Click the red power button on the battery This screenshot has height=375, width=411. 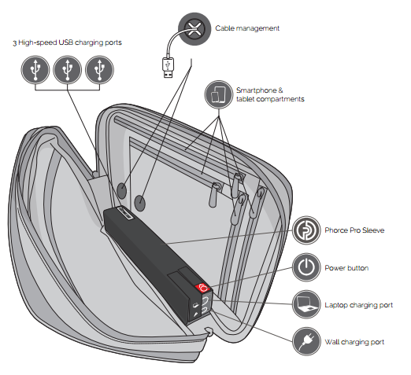(203, 288)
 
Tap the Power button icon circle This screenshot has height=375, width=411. (306, 267)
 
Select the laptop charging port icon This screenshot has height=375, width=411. (306, 304)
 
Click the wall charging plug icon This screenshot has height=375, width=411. (306, 341)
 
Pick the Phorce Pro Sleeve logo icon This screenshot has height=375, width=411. (306, 230)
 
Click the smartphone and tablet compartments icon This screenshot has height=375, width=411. (219, 94)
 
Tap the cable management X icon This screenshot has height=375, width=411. (194, 29)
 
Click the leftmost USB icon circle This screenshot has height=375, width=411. (35, 70)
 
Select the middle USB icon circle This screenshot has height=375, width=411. (68, 70)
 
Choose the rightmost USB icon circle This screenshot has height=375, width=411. (99, 70)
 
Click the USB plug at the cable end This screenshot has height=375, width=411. (168, 68)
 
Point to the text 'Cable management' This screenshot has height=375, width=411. (247, 28)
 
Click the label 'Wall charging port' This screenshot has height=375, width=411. (354, 342)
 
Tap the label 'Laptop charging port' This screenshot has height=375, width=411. (359, 305)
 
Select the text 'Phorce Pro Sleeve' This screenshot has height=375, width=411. (354, 230)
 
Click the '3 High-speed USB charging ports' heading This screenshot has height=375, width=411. (67, 42)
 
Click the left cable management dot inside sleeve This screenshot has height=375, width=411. (121, 190)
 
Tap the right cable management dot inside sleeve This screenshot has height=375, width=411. (139, 203)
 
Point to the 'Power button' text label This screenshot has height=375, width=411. (346, 268)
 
